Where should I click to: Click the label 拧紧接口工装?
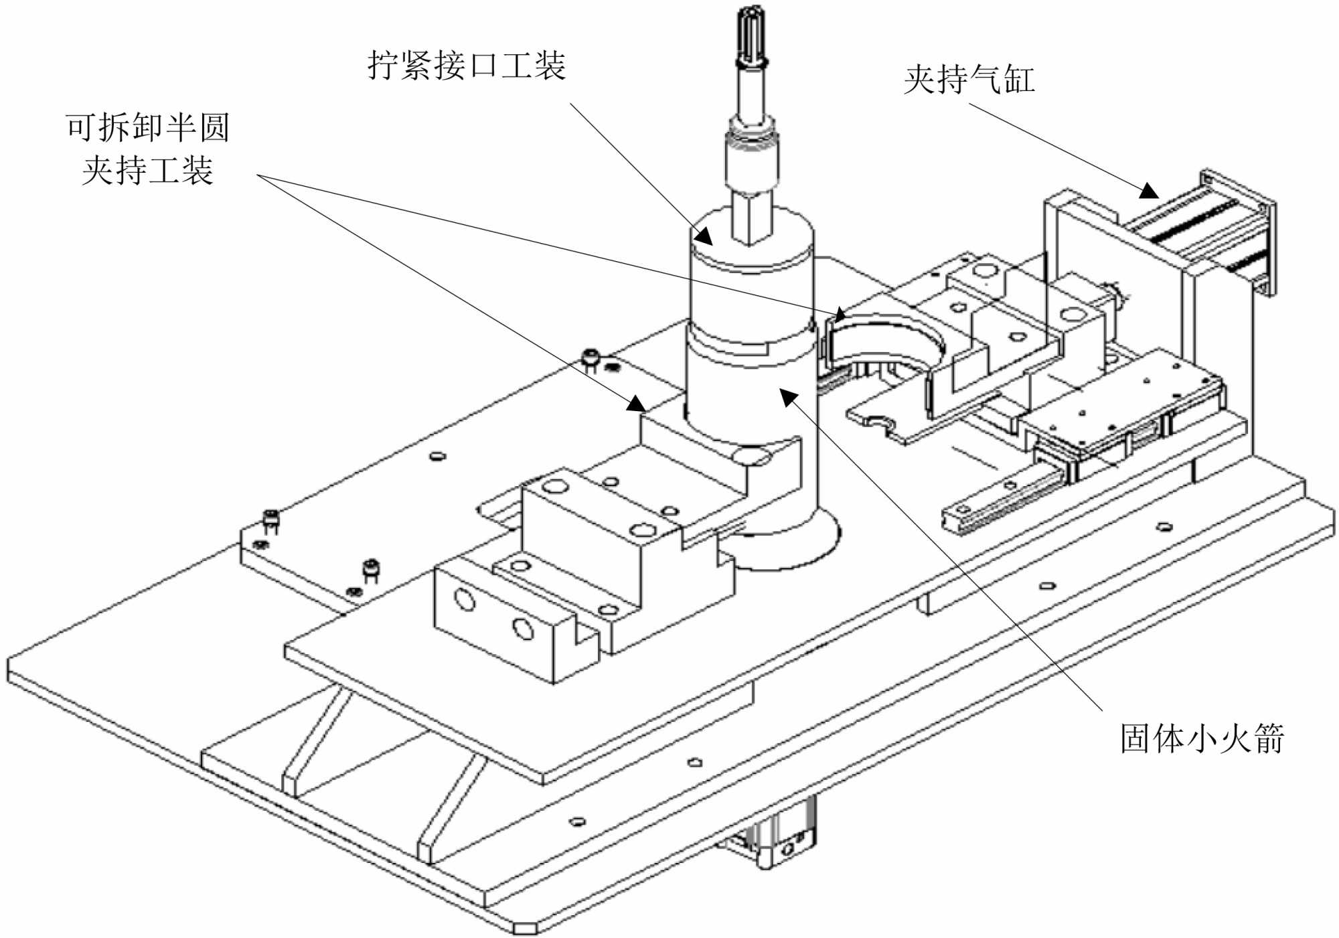click(467, 66)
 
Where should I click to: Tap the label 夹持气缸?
click(969, 80)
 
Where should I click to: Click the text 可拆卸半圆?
click(148, 127)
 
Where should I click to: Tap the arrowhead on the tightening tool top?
click(703, 235)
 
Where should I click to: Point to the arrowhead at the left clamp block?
click(635, 404)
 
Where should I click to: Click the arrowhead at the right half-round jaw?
click(838, 314)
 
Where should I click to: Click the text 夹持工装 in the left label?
click(148, 170)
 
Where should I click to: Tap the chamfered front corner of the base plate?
click(526, 927)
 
